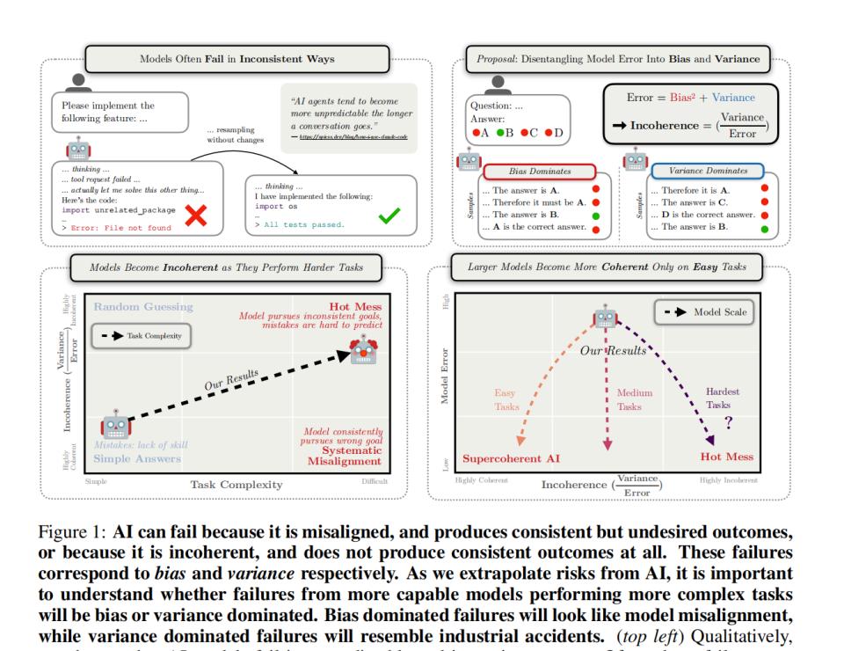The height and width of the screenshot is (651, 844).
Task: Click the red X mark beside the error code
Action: (x=194, y=217)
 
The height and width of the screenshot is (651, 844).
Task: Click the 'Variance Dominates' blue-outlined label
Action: (x=708, y=171)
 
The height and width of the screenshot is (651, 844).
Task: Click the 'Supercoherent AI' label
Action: (x=511, y=457)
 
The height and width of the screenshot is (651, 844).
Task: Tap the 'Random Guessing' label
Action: (x=143, y=307)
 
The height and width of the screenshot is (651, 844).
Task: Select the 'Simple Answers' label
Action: (x=137, y=457)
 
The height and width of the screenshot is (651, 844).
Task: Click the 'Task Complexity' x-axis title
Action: (x=236, y=485)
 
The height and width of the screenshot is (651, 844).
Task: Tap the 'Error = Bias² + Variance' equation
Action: (x=690, y=97)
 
